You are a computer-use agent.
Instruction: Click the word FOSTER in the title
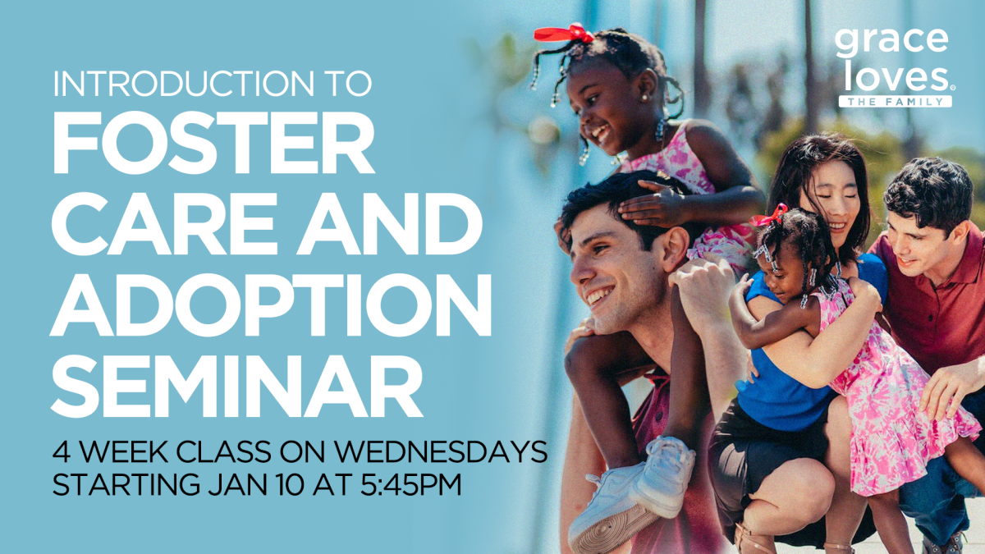(x=213, y=142)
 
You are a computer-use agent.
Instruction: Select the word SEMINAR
(x=236, y=386)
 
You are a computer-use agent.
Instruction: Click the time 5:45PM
(x=410, y=484)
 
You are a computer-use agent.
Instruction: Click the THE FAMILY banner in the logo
(x=896, y=102)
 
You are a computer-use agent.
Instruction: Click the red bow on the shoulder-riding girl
(x=564, y=33)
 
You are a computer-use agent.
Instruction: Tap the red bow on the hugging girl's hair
(x=770, y=217)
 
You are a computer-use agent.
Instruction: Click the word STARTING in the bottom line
(x=126, y=484)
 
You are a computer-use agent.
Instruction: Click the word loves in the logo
(x=895, y=77)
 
